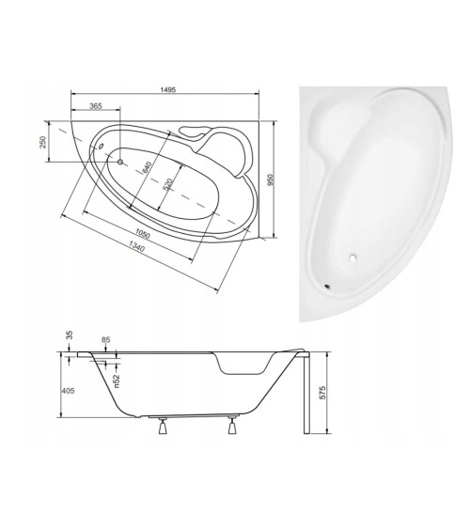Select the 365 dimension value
(96, 108)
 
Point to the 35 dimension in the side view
(69, 336)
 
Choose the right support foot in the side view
(229, 428)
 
